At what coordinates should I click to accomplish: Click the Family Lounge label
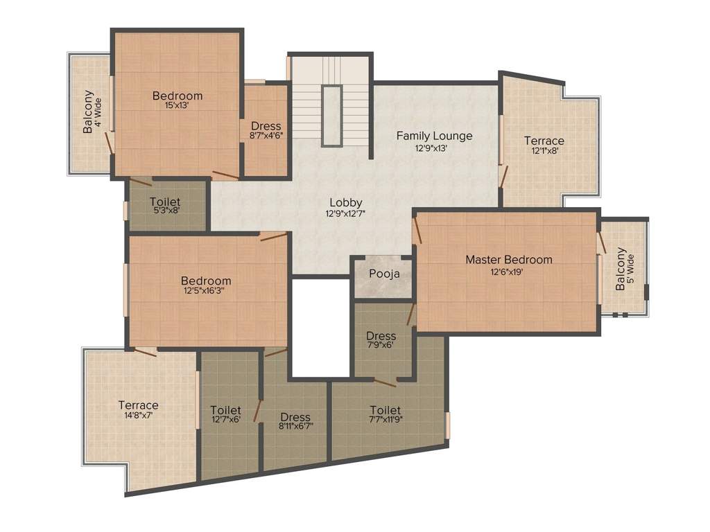click(x=434, y=136)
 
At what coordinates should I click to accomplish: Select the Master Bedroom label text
click(x=509, y=260)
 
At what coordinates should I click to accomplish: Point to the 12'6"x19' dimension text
click(x=507, y=272)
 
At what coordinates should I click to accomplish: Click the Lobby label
click(x=346, y=202)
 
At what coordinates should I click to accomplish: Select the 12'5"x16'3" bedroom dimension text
click(x=206, y=292)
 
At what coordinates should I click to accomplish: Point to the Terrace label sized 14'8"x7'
click(x=138, y=405)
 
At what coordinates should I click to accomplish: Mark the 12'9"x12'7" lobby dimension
click(x=346, y=214)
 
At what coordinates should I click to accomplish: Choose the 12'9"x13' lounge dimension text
click(x=431, y=148)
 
